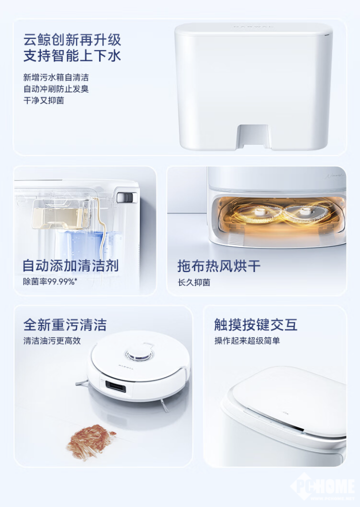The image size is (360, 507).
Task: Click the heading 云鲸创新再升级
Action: pos(72,39)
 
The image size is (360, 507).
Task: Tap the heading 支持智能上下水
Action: pos(72,56)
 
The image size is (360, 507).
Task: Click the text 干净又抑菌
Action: pos(43,100)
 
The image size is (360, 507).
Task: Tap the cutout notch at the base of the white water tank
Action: pos(253,136)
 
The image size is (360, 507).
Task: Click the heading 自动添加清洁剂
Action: pos(70,265)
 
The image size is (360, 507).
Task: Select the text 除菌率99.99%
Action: pos(50,281)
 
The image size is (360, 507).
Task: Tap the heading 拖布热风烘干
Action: pos(219,265)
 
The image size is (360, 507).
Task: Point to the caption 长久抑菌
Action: pos(194,282)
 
